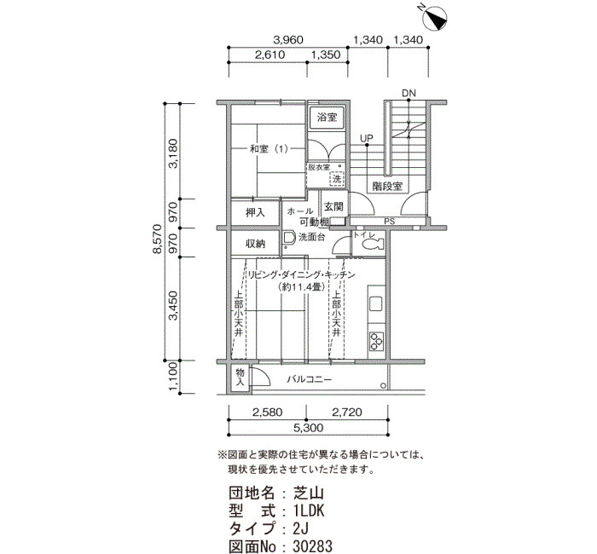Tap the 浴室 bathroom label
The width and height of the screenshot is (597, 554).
pos(327,117)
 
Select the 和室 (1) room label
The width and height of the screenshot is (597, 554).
pos(269,149)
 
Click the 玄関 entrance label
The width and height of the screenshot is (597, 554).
pos(333,206)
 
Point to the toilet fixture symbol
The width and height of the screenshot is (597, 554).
pos(372,244)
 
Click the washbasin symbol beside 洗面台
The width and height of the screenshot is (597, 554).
pos(289,238)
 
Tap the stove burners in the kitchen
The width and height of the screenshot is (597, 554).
pos(377,341)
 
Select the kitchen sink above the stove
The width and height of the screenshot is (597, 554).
pos(376,303)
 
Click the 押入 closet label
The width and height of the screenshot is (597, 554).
pos(255,212)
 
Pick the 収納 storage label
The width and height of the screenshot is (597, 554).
pos(255,244)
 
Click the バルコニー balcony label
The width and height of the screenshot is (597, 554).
pos(309,379)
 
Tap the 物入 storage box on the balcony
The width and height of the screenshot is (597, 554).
pos(241,377)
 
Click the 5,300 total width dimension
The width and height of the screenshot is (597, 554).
pos(308,428)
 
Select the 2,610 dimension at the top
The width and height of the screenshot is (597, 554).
pos(270,55)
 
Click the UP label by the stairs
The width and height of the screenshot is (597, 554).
pos(367,138)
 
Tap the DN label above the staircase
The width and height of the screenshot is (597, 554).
pos(409,93)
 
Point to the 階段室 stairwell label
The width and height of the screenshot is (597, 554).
pos(387,186)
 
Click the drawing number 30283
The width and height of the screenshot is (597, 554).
pos(312,546)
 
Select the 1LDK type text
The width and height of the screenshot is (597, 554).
pos(309,511)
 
